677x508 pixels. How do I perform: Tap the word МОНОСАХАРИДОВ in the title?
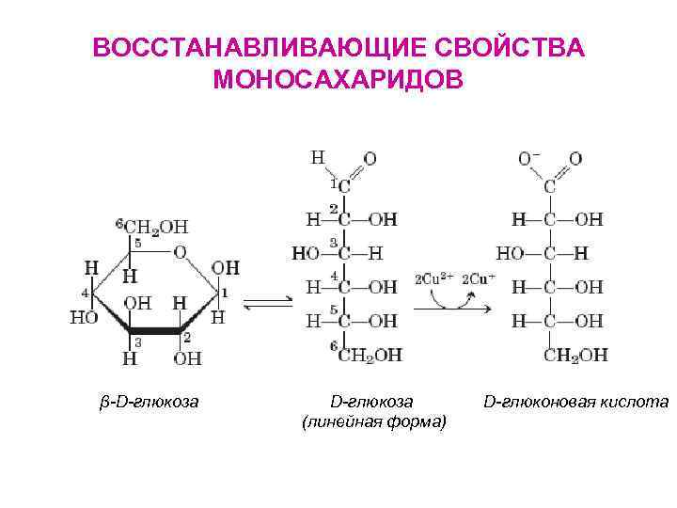(338, 79)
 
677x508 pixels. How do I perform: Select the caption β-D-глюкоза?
(150, 402)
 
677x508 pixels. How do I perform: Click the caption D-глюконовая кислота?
(575, 402)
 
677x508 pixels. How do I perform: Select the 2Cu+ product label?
(479, 278)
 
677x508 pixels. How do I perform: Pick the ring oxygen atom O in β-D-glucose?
(180, 251)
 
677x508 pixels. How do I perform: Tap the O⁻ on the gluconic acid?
(529, 159)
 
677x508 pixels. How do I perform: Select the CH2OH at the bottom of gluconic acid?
(575, 355)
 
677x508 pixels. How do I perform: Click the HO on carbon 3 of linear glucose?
(306, 253)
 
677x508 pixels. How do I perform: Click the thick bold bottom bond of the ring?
(155, 330)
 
